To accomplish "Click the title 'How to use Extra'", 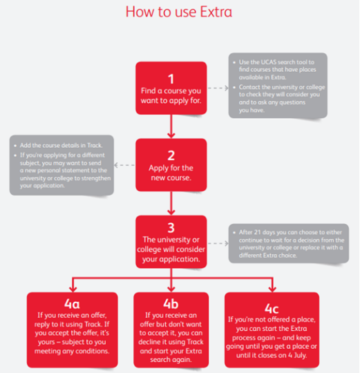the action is click(179, 12).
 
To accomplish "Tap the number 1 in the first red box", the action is click(171, 79).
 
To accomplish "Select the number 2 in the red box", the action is click(171, 156).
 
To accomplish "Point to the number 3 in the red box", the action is click(171, 228).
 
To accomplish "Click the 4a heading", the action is click(72, 304).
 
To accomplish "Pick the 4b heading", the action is click(171, 304).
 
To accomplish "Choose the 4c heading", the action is click(272, 309).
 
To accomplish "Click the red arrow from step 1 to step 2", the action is click(171, 126).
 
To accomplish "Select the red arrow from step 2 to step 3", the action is click(171, 203).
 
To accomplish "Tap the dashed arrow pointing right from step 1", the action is click(218, 88).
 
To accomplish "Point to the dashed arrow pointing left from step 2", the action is click(124, 165).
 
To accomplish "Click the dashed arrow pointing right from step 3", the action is click(218, 243).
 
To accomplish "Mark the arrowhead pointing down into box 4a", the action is click(73, 289).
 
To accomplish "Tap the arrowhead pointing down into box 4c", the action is click(272, 289).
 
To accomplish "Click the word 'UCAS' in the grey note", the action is click(269, 62).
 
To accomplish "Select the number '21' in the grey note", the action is click(257, 232).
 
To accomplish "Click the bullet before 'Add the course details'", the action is click(15, 146).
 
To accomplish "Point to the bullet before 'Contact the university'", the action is click(234, 87).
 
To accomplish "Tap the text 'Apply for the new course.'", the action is click(171, 173).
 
